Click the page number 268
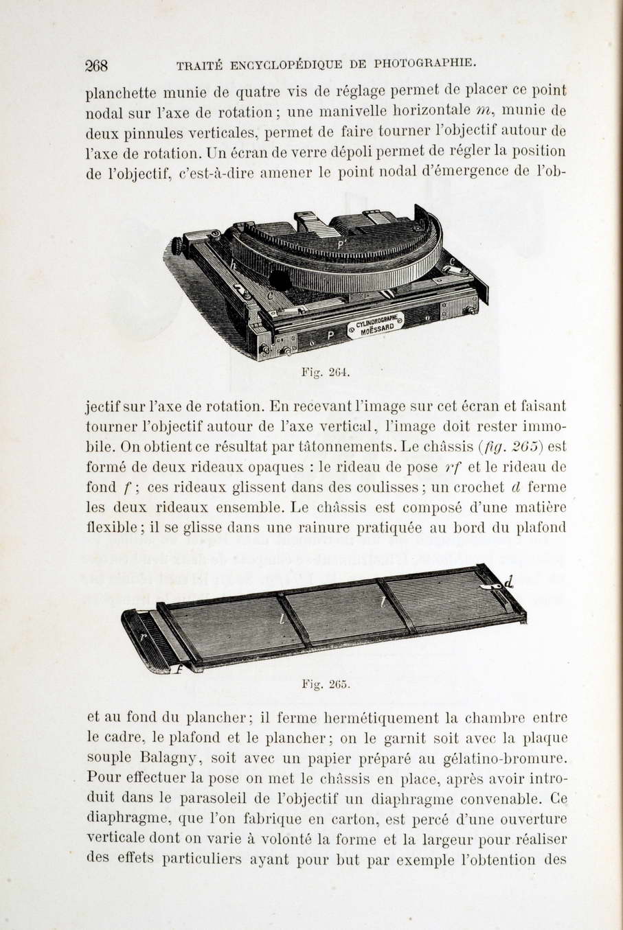pos(97,66)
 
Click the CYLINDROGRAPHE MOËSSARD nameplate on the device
pos(376,323)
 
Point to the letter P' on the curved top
pos(341,244)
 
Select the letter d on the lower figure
pos(509,583)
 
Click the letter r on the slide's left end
pos(142,636)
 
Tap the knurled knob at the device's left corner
pos(177,246)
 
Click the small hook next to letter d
pos(492,588)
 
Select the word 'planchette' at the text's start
pos(121,91)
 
